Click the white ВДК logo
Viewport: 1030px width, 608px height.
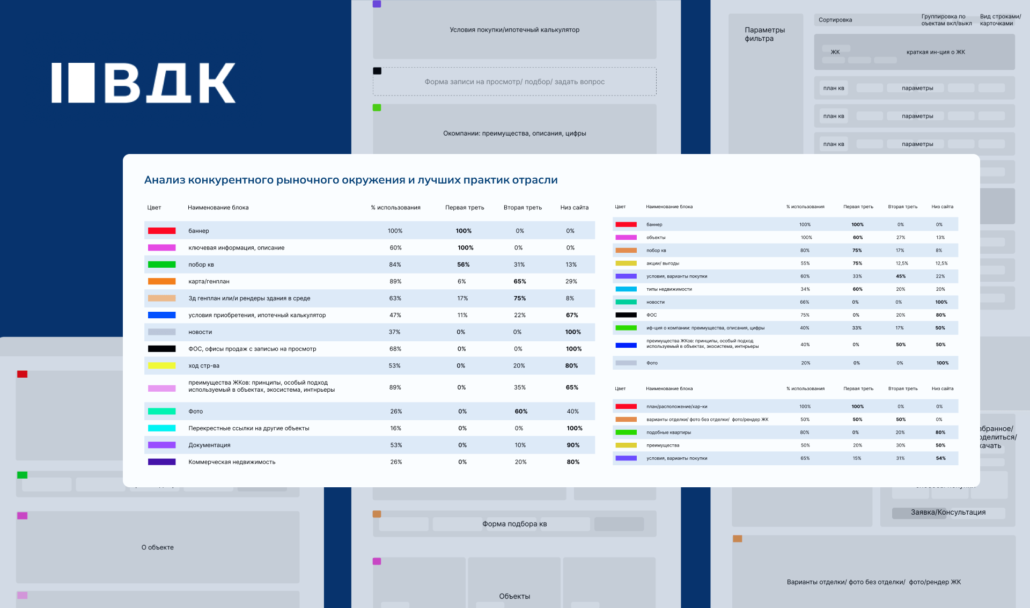coord(143,83)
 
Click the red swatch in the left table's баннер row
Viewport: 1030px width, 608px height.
coord(161,231)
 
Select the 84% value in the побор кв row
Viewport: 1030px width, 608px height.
coord(395,265)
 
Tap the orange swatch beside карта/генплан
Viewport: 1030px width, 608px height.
coord(161,281)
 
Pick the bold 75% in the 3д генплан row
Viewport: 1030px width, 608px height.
coord(519,298)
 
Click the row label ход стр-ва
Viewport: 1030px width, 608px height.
coord(204,366)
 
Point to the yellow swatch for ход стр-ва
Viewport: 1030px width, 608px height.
coord(161,366)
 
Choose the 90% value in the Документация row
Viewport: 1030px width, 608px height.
coord(573,445)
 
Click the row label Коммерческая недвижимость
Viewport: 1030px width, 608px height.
coord(232,462)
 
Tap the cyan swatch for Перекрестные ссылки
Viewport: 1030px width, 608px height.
coord(161,428)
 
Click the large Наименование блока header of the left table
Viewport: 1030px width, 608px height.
coord(218,208)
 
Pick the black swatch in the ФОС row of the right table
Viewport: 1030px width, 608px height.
coord(626,315)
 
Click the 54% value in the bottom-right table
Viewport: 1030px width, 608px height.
coord(940,458)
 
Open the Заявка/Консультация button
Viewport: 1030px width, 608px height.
coord(948,512)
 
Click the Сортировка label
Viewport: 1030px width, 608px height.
coord(835,20)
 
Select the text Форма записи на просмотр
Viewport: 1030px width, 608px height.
coord(472,82)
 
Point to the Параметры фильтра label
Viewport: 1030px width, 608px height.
coord(764,34)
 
